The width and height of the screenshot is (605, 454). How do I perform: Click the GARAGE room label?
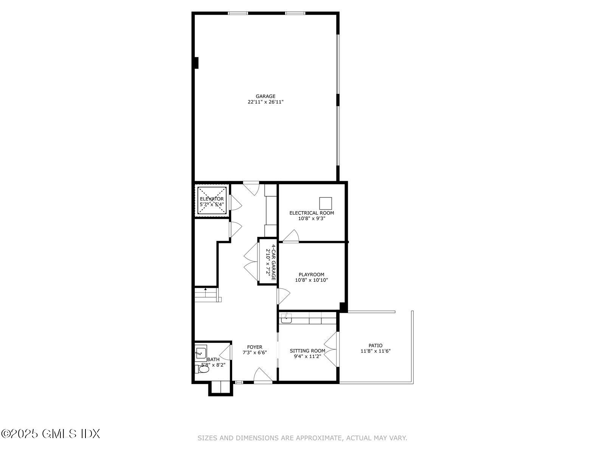click(x=265, y=96)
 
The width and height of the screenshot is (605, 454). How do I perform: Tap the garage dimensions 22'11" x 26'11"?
click(x=265, y=102)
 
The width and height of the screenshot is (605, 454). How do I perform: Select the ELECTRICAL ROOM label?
click(x=312, y=213)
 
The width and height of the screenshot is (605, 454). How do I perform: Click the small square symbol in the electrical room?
click(x=326, y=203)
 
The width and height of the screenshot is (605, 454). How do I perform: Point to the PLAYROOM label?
click(x=311, y=275)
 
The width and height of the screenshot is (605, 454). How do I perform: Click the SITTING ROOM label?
click(x=307, y=351)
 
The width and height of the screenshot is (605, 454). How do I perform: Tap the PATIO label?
click(x=375, y=345)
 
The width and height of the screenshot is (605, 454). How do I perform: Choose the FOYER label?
click(x=254, y=347)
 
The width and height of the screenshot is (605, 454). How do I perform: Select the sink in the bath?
click(x=201, y=352)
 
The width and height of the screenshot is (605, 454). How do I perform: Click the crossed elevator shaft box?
click(x=212, y=201)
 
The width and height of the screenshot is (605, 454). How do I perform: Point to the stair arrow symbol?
click(x=205, y=290)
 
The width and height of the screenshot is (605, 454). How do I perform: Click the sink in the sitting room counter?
click(x=286, y=318)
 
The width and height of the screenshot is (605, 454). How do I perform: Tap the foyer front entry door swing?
click(x=262, y=376)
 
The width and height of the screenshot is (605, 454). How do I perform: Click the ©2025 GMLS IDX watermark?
click(x=50, y=434)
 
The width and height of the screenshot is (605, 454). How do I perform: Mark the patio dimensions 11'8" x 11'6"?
click(x=375, y=351)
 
